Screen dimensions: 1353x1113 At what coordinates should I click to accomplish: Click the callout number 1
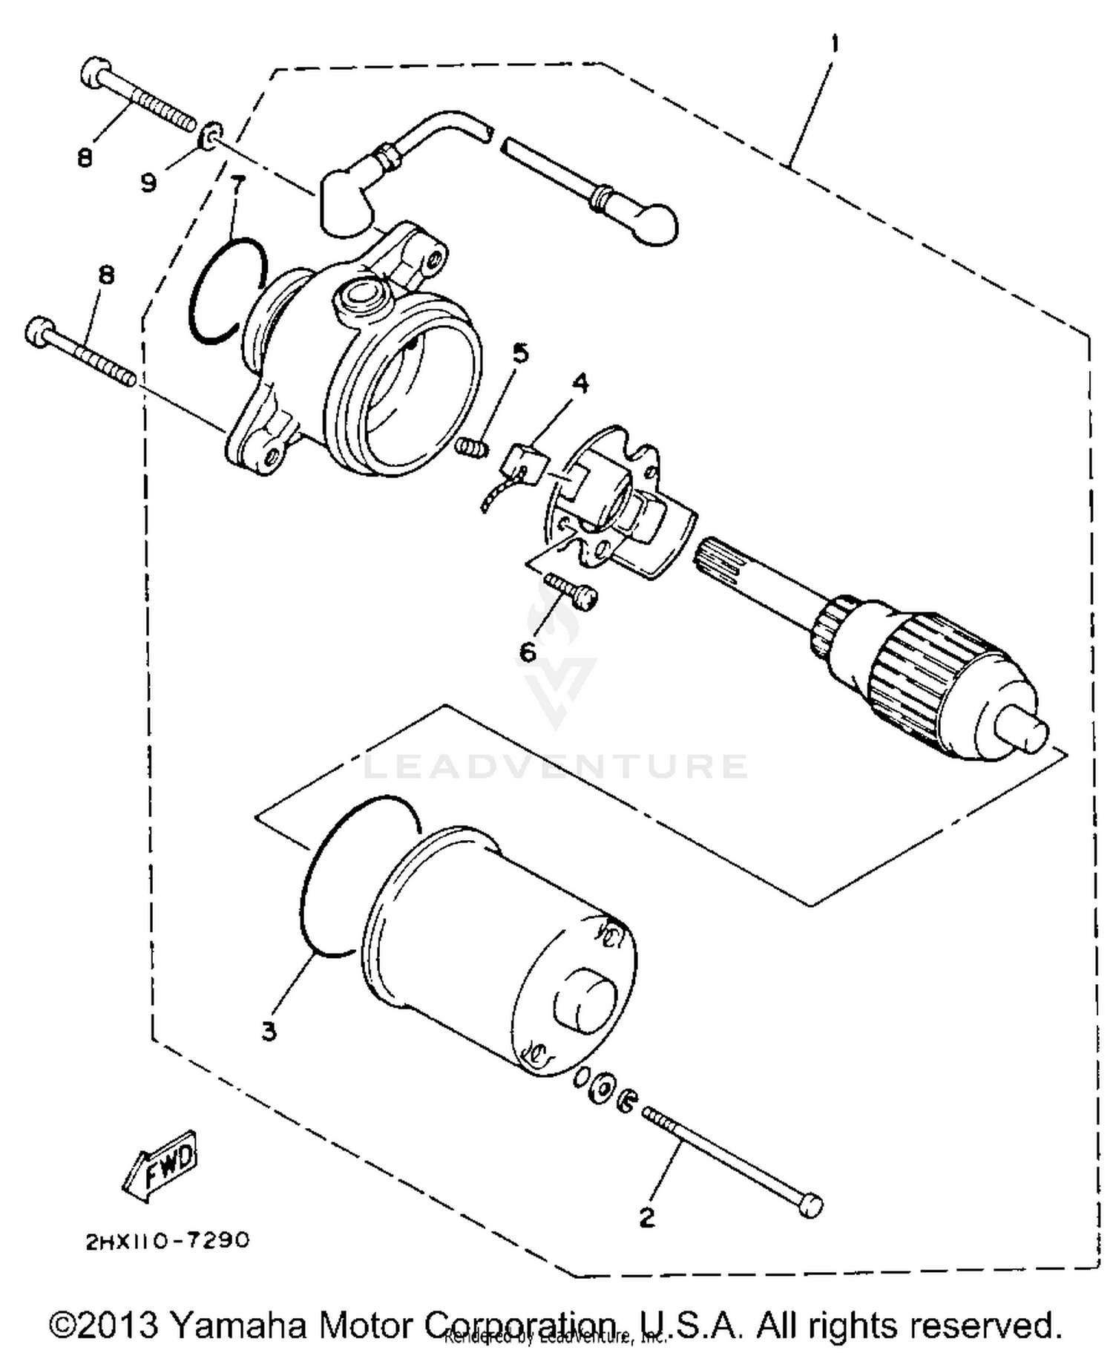(835, 45)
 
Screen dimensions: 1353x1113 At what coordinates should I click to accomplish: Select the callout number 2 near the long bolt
(647, 1218)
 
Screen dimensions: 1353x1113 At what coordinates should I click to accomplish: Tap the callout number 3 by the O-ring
(269, 1031)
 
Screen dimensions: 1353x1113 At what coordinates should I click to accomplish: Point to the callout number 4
(580, 384)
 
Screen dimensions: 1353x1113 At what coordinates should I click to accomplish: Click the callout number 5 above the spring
(521, 353)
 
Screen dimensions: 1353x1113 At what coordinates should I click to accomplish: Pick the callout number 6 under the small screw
(528, 652)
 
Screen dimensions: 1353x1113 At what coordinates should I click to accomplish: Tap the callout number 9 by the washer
(148, 182)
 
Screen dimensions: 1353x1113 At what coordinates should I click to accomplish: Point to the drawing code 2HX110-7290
(168, 1241)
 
